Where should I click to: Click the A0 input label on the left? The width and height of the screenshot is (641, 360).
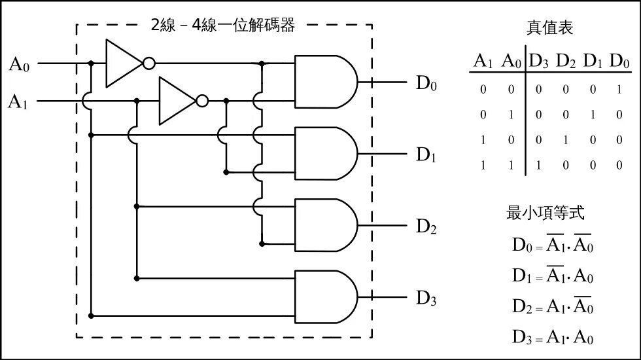[x=19, y=64]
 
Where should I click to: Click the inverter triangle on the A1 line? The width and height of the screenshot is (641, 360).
[x=177, y=101]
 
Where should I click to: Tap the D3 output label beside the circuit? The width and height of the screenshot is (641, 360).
[x=426, y=299]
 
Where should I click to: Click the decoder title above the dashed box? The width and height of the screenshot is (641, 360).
[x=223, y=26]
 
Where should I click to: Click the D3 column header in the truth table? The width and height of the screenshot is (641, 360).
[x=539, y=62]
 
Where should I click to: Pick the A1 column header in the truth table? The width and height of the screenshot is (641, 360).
[x=483, y=62]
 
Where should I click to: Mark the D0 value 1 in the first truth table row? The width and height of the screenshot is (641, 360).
[x=619, y=89]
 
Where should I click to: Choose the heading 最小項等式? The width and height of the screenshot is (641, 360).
[x=545, y=213]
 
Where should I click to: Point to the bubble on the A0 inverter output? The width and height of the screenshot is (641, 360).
[x=149, y=63]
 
